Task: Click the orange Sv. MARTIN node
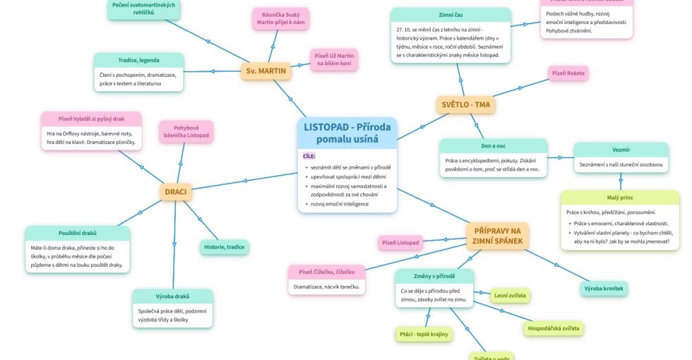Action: pyautogui.click(x=267, y=71)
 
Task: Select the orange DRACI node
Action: pyautogui.click(x=176, y=191)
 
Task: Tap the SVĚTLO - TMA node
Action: pyautogui.click(x=465, y=105)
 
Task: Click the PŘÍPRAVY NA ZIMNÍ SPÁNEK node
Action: pyautogui.click(x=497, y=236)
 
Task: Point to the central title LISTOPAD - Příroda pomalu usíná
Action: pyautogui.click(x=347, y=133)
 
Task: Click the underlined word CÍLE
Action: pyautogui.click(x=309, y=156)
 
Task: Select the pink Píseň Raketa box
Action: pyautogui.click(x=568, y=73)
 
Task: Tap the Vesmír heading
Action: pyautogui.click(x=621, y=150)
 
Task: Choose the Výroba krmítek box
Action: pyautogui.click(x=604, y=288)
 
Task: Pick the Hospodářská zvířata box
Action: pyautogui.click(x=554, y=328)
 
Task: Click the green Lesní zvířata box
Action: pyautogui.click(x=510, y=295)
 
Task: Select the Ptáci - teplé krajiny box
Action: pyautogui.click(x=423, y=333)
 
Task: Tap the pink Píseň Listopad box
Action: pyautogui.click(x=400, y=243)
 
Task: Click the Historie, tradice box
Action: pyautogui.click(x=224, y=247)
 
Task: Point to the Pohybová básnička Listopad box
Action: pyautogui.click(x=186, y=131)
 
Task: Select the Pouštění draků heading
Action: pyautogui.click(x=78, y=233)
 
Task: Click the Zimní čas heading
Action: pyautogui.click(x=451, y=15)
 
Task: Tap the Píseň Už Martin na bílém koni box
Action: pyautogui.click(x=335, y=60)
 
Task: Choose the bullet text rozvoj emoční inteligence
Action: pyautogui.click(x=340, y=204)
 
